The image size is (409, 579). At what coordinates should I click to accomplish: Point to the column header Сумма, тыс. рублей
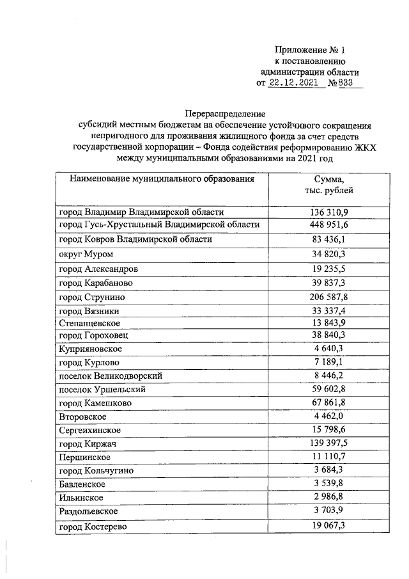tap(329, 185)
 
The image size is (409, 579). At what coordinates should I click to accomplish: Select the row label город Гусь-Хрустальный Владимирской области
tap(159, 225)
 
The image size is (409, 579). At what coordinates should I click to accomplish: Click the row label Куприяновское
tap(90, 349)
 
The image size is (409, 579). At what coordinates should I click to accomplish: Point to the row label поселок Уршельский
tap(102, 389)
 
